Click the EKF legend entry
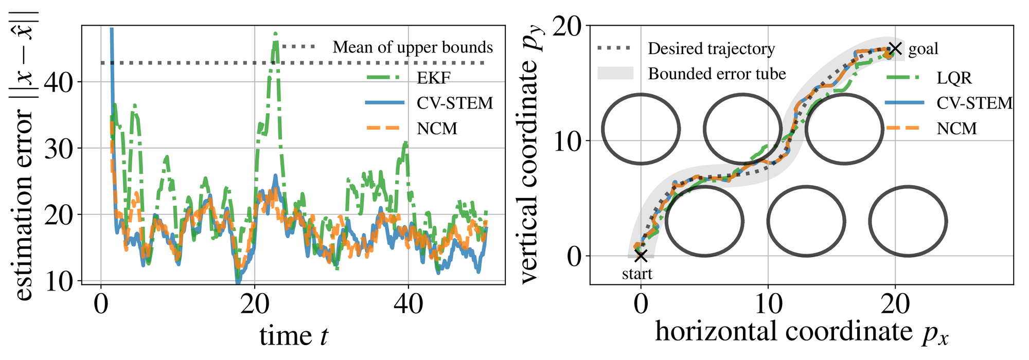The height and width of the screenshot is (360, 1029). (x=433, y=78)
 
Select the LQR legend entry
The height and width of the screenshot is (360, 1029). (x=954, y=78)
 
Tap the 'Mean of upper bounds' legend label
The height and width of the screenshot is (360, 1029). (x=413, y=47)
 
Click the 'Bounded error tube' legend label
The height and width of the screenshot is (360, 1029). (x=717, y=74)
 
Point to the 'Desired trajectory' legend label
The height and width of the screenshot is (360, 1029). (x=711, y=49)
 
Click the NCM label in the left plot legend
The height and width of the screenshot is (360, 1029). (x=437, y=128)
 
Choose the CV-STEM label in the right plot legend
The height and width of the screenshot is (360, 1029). (x=974, y=103)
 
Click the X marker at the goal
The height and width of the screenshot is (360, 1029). (x=896, y=49)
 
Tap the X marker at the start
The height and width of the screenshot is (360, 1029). (x=641, y=256)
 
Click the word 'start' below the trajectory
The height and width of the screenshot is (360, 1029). (x=637, y=274)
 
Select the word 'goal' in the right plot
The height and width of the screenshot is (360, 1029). (x=924, y=49)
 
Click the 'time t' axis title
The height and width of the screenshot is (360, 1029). (x=294, y=336)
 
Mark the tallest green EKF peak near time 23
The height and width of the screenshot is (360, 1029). (x=276, y=34)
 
